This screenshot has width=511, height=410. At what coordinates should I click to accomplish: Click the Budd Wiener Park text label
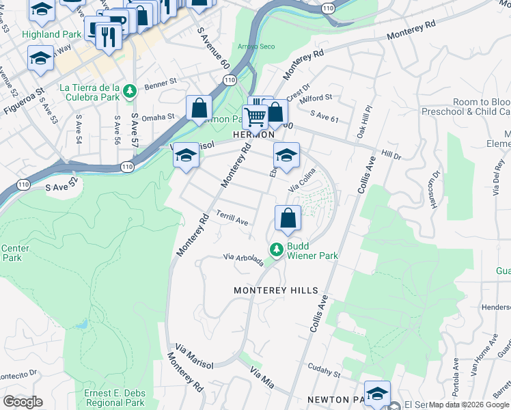(312, 251)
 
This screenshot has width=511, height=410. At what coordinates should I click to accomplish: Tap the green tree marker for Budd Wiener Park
(277, 250)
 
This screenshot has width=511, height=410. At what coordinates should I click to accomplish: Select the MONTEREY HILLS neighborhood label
(276, 290)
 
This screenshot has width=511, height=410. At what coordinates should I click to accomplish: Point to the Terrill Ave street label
(232, 217)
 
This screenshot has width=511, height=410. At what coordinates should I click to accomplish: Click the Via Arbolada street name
(244, 260)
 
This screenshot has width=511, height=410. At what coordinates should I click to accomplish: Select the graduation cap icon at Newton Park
(377, 394)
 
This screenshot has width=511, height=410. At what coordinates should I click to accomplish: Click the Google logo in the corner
(23, 402)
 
